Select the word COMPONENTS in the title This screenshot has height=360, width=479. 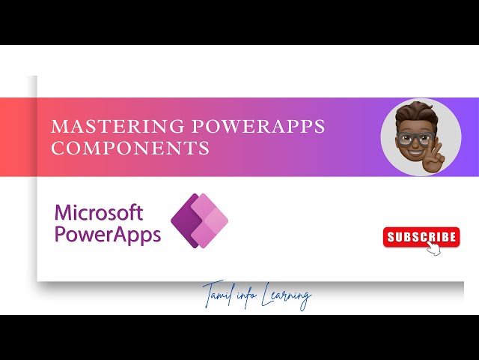click(x=129, y=148)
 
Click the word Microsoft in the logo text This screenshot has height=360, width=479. click(x=99, y=212)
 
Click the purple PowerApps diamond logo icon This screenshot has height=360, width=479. click(x=200, y=220)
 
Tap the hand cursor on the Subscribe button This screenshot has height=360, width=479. click(x=433, y=248)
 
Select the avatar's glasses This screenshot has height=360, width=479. click(x=414, y=139)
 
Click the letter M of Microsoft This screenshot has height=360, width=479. click(x=63, y=212)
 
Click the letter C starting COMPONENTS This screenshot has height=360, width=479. click(x=57, y=148)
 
